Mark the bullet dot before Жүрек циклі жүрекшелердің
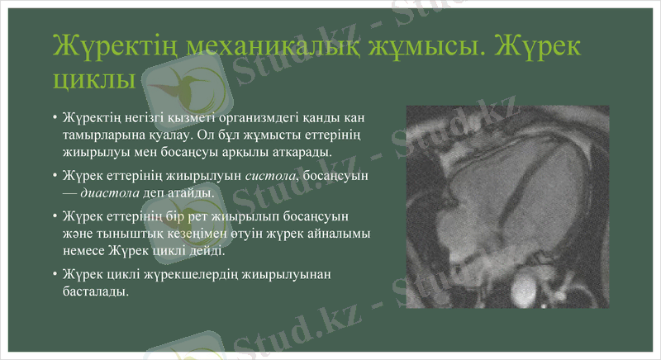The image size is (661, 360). [x=55, y=275]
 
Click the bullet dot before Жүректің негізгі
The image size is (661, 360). [x=55, y=116]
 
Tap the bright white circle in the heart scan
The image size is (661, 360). [x=525, y=291]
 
